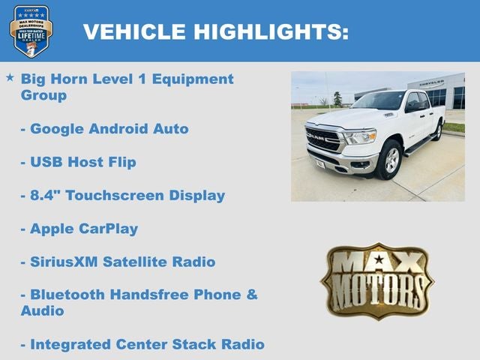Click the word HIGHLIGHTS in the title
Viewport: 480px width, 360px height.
[271, 31]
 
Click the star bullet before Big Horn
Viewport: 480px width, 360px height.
[10, 78]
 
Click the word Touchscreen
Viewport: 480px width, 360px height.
[111, 195]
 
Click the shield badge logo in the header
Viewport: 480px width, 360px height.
[31, 31]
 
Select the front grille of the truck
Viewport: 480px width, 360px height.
[324, 139]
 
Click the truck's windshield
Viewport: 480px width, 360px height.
[380, 101]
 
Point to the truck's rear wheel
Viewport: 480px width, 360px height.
[437, 130]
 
